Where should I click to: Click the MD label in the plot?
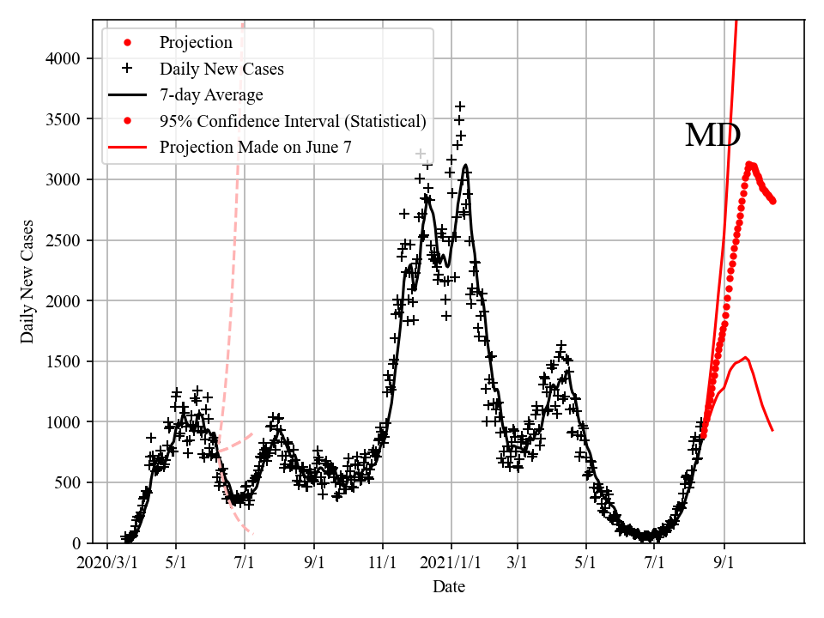click(712, 136)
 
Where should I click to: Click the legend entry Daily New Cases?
click(221, 69)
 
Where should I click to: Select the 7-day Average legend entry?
click(211, 94)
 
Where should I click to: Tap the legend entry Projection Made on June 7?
click(255, 148)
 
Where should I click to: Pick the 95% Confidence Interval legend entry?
click(292, 121)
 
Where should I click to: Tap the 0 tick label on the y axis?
click(78, 543)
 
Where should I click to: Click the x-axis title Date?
click(449, 587)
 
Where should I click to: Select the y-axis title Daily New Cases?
click(28, 282)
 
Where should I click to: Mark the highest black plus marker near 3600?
click(460, 106)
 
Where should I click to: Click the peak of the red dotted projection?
click(749, 163)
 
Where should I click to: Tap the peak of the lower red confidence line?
click(745, 357)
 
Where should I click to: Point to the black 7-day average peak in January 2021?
click(465, 166)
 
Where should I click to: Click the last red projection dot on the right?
click(773, 201)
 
